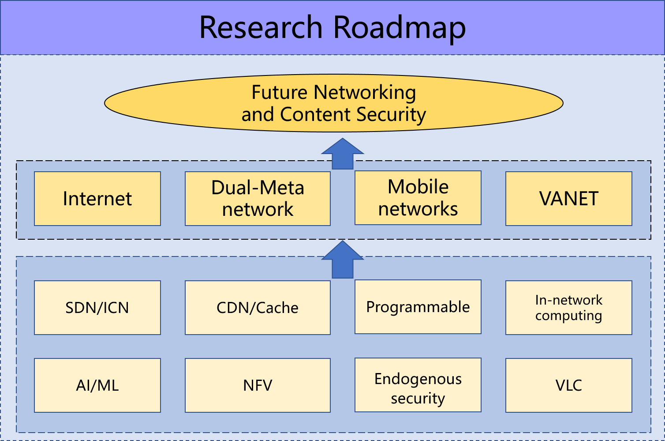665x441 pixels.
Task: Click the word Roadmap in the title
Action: [400, 28]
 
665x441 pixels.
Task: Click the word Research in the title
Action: [261, 27]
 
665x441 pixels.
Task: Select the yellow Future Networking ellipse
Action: [334, 103]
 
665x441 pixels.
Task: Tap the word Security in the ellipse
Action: [391, 115]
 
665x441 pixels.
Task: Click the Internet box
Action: [97, 199]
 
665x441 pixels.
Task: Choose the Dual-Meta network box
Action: [258, 199]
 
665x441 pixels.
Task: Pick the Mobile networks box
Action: [418, 198]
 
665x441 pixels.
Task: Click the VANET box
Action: [569, 199]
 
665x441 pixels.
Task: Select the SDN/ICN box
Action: [97, 308]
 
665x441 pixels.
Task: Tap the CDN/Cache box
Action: [258, 308]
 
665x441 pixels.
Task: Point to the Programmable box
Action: [418, 307]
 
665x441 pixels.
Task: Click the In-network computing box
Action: [569, 308]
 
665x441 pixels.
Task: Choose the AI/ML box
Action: [97, 385]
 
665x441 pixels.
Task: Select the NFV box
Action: [258, 385]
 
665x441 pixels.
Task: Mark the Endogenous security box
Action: [418, 385]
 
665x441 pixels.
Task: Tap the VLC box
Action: [569, 385]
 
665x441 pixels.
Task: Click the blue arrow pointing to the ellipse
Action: [343, 155]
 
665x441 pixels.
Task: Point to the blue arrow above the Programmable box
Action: [343, 260]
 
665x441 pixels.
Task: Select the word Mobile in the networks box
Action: [418, 187]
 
